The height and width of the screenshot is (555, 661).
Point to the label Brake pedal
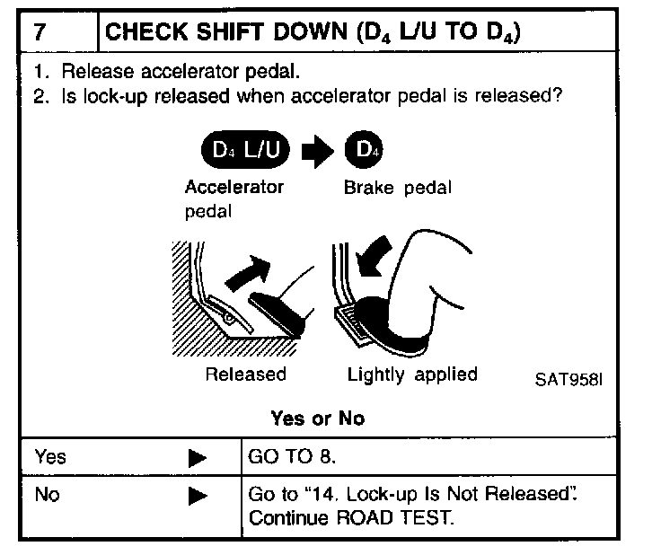397,189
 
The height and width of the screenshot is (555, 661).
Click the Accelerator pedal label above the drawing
234,199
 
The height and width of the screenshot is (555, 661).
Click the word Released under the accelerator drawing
245,374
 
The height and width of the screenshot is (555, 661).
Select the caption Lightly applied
412,374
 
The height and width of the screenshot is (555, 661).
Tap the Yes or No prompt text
318,418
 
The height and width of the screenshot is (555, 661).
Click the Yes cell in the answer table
50,457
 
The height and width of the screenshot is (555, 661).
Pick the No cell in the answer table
47,494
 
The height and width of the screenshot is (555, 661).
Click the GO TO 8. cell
292,457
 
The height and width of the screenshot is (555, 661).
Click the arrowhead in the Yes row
198,458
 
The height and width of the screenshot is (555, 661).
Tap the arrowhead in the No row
198,495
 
